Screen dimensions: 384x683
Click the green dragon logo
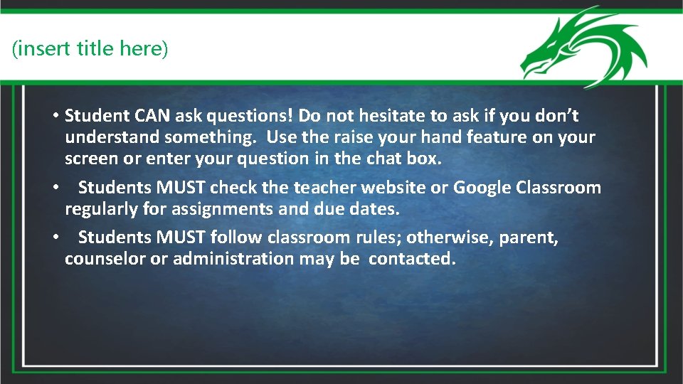tap(583, 47)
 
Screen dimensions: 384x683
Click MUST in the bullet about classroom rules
tap(182, 237)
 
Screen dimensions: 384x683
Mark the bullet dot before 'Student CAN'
tap(55, 116)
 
